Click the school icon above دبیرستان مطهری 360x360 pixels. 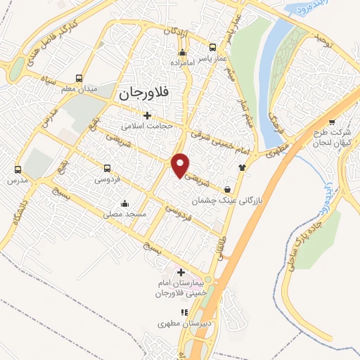pyautogui.click(x=184, y=312)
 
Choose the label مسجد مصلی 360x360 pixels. pyautogui.click(x=124, y=214)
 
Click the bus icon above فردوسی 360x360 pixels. pyautogui.click(x=108, y=168)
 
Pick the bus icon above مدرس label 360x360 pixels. pyautogui.click(x=18, y=169)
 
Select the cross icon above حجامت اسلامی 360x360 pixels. pyautogui.click(x=147, y=115)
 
